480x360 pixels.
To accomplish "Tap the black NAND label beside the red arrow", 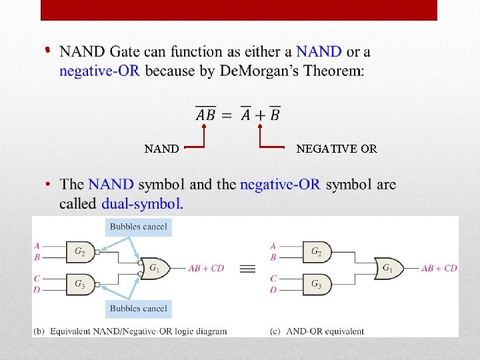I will click(161, 149).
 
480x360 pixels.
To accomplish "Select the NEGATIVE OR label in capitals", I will click(337, 149).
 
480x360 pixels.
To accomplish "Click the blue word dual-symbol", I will click(142, 204).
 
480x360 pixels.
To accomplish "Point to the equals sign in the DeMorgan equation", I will click(227, 115).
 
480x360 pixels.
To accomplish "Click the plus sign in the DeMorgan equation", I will click(260, 115).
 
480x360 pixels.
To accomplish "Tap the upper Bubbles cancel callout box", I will click(139, 227).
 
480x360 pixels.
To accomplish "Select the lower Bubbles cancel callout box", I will click(139, 309).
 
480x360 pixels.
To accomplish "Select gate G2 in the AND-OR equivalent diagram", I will click(317, 251).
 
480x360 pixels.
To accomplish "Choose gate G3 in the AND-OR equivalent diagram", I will click(317, 284).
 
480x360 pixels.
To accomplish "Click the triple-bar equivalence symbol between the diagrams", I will click(247, 269).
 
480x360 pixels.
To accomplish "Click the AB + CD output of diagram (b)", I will click(206, 269).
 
